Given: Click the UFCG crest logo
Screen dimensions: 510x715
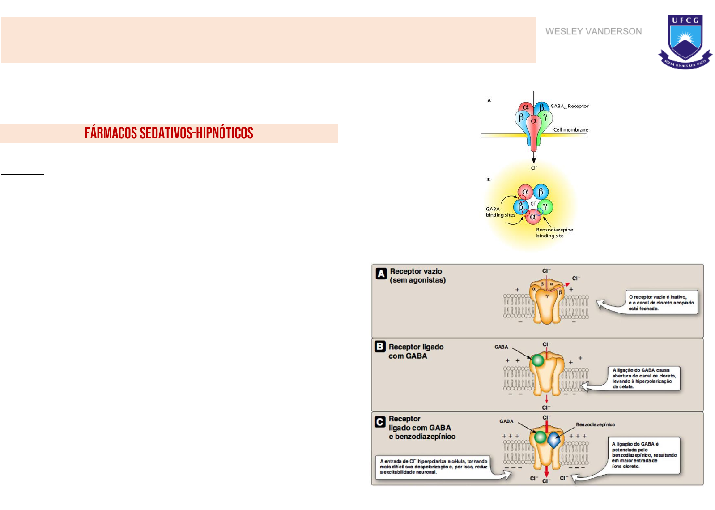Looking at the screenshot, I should (x=685, y=41).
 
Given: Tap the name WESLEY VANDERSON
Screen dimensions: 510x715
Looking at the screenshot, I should (x=593, y=31).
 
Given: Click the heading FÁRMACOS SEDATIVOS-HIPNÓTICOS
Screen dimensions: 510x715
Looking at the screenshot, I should (x=169, y=133).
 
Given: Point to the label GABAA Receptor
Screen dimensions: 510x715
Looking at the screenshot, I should (x=569, y=106).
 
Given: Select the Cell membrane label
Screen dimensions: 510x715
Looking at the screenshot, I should (x=570, y=129).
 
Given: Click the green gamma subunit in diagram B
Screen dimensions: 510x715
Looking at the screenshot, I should (x=545, y=207).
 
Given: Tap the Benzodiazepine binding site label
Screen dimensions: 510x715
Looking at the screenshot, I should (x=554, y=232).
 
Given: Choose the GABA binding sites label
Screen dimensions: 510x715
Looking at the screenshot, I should (x=500, y=212).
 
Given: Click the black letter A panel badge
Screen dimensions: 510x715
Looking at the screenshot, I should (x=381, y=274).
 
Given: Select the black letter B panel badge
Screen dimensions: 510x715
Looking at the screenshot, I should (x=380, y=346).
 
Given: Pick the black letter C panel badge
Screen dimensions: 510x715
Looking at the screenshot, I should (x=380, y=421).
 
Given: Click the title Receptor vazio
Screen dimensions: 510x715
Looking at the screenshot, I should (x=416, y=271).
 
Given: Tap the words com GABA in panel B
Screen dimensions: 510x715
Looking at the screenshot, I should (x=408, y=356).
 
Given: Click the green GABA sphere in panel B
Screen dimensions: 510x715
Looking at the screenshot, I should (x=538, y=360).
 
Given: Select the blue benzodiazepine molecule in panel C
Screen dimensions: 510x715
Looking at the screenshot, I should (x=554, y=440).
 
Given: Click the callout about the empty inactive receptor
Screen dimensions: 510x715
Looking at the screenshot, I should (x=661, y=303).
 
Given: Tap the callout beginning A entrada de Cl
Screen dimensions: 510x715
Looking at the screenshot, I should (x=433, y=467).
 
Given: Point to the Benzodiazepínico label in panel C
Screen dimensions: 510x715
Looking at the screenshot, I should (x=595, y=424).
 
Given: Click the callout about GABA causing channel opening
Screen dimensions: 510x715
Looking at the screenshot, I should (x=644, y=378).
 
